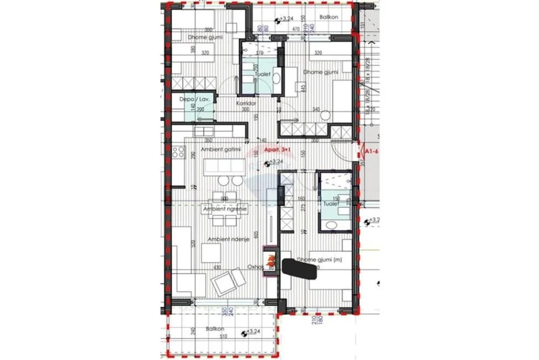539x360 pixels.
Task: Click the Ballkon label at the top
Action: (x=329, y=17)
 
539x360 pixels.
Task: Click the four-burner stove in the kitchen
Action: (x=178, y=152)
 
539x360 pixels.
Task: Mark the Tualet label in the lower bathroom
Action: (x=331, y=203)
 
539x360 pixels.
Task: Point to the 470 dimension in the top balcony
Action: (x=296, y=28)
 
